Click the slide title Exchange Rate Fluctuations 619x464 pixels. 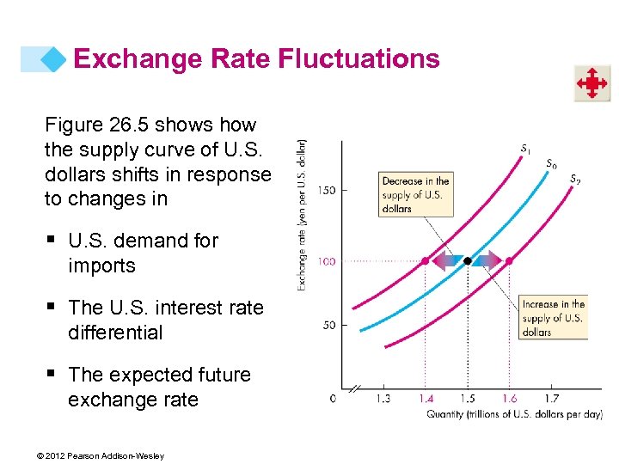(256, 59)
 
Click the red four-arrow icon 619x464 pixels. (591, 84)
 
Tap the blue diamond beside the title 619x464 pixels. (54, 59)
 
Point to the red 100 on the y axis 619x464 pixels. (326, 260)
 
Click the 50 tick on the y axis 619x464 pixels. (328, 325)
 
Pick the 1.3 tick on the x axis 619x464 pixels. (383, 399)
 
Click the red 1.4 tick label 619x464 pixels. (425, 399)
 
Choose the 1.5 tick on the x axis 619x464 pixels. (467, 399)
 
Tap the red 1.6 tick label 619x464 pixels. (509, 399)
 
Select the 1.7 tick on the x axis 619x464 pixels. (551, 399)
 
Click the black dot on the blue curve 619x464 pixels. (467, 259)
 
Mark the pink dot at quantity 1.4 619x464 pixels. (425, 259)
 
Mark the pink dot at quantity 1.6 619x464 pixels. (509, 259)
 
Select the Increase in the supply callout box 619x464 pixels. (554, 318)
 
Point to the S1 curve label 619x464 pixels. (525, 149)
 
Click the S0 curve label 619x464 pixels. (551, 163)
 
